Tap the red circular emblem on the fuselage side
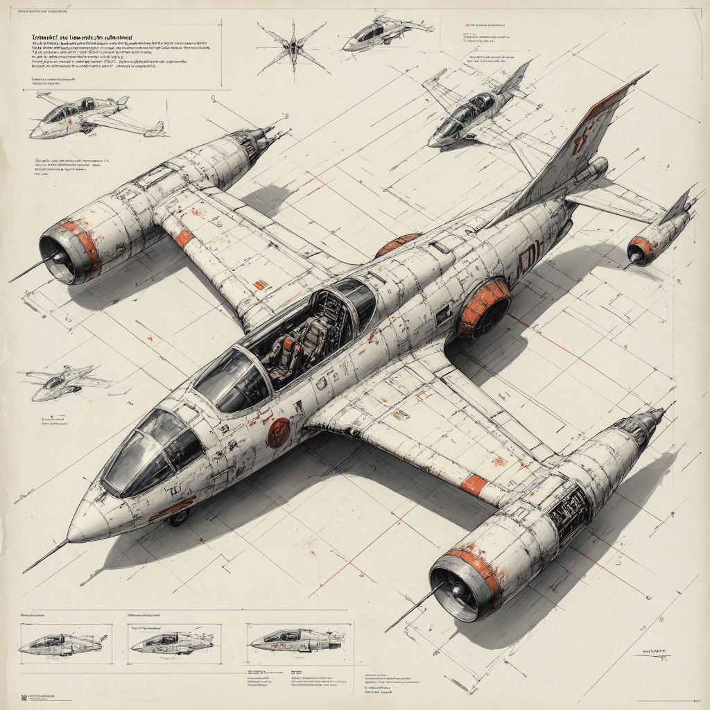coord(278,431)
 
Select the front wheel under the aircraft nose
coord(179,517)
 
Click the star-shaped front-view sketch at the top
coord(292,47)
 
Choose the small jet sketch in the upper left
coord(90,114)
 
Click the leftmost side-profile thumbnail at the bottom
coord(62,643)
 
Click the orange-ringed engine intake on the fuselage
coord(484,309)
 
